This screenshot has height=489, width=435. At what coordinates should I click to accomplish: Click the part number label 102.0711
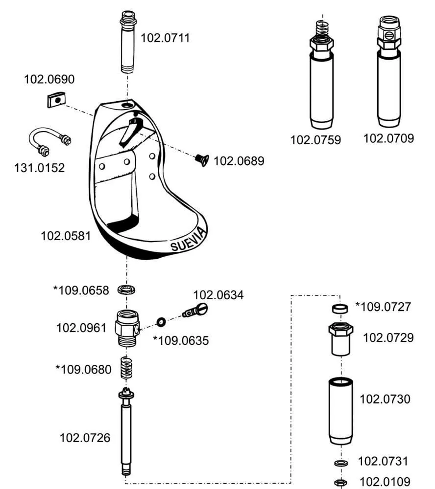[165, 38]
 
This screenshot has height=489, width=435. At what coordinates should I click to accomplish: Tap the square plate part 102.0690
[56, 100]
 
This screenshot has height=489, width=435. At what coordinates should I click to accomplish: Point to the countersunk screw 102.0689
[201, 160]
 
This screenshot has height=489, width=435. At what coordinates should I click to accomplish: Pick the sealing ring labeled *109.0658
[126, 289]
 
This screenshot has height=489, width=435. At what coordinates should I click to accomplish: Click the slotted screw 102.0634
[195, 310]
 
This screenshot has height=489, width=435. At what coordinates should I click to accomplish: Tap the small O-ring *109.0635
[161, 322]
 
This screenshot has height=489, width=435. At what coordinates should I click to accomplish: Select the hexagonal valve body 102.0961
[126, 328]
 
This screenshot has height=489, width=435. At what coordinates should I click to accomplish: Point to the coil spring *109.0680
[126, 368]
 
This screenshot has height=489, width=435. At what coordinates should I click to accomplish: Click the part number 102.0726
[85, 438]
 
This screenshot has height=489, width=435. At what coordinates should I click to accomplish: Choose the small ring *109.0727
[339, 309]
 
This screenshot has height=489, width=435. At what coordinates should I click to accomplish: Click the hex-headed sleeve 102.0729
[340, 339]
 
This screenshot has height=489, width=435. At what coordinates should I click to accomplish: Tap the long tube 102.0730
[340, 411]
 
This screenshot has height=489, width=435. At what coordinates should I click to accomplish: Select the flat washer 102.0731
[340, 463]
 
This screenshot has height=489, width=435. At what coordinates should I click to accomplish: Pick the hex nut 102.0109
[340, 483]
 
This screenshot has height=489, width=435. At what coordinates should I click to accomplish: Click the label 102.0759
[315, 140]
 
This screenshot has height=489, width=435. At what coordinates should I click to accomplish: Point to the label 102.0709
[388, 138]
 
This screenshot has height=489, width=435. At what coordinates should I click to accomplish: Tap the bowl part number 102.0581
[66, 236]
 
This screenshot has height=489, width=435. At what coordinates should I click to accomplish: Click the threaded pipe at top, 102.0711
[127, 42]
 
